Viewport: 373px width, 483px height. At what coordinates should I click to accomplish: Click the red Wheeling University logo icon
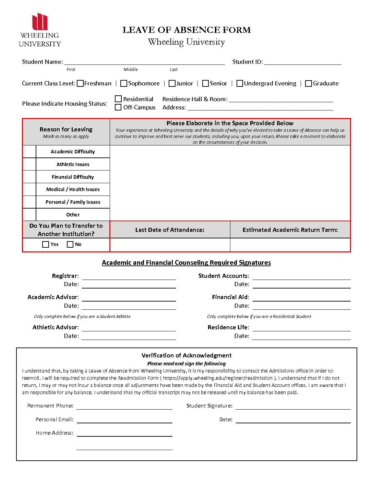(x=40, y=22)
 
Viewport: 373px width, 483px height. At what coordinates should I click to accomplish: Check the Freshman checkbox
(x=80, y=83)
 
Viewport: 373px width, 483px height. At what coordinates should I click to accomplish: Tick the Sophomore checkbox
(x=124, y=83)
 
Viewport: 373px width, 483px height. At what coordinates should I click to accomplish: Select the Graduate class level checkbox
(x=309, y=83)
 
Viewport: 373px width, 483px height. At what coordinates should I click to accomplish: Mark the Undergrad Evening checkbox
(x=240, y=83)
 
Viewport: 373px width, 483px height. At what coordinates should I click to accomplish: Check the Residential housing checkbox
(x=118, y=99)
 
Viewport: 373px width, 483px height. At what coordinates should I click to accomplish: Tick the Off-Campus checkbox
(x=118, y=107)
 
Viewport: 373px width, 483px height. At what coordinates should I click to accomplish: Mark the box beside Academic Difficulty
(x=29, y=152)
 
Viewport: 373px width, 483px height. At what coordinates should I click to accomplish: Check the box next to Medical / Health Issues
(x=29, y=189)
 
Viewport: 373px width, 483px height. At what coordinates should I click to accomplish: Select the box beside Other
(x=29, y=214)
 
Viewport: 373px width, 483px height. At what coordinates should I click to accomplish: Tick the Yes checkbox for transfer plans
(x=46, y=244)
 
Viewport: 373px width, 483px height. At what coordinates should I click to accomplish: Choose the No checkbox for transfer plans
(x=70, y=244)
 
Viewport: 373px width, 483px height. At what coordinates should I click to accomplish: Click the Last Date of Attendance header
(x=170, y=230)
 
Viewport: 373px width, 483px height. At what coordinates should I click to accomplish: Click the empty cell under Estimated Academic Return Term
(x=290, y=245)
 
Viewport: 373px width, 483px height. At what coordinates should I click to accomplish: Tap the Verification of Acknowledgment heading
(x=186, y=355)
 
